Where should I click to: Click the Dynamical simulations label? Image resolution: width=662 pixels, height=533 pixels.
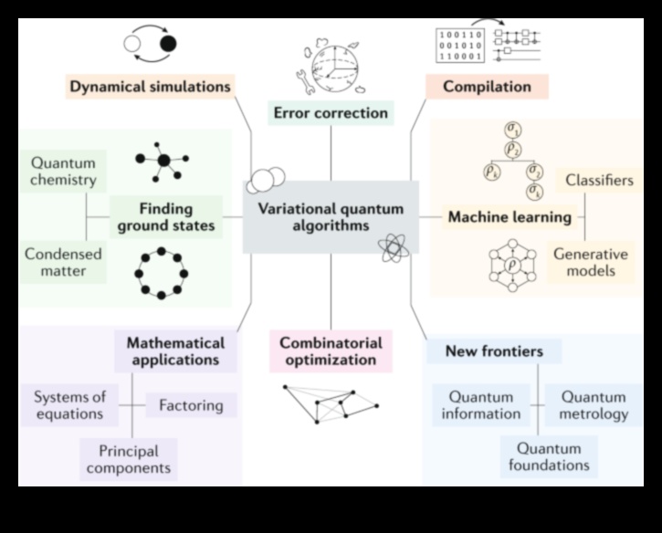(x=150, y=88)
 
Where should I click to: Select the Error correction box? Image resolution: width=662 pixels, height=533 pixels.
(x=331, y=113)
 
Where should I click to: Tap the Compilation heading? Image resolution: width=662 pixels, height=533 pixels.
(x=487, y=88)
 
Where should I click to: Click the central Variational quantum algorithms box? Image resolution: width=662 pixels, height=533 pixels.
(x=331, y=216)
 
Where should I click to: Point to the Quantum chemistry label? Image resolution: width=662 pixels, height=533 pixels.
(x=63, y=172)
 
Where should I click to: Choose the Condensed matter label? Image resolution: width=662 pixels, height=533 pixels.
(x=63, y=262)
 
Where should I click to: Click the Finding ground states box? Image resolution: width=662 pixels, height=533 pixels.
(x=166, y=216)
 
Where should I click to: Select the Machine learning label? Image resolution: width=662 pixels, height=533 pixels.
(x=510, y=217)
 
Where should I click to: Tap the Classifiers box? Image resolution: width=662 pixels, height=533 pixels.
(x=599, y=180)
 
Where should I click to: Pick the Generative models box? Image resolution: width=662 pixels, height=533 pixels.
(x=591, y=263)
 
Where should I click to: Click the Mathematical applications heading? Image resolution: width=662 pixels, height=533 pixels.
(x=175, y=351)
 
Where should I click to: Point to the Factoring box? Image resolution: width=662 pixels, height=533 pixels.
(x=192, y=404)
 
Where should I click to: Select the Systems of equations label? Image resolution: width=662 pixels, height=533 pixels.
(x=70, y=405)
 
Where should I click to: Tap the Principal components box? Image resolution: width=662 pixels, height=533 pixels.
(x=128, y=459)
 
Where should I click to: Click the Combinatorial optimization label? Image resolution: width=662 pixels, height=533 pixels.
(x=331, y=351)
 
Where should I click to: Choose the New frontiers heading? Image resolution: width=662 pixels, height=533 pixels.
(x=494, y=351)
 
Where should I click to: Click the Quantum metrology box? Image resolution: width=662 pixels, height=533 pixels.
(x=594, y=405)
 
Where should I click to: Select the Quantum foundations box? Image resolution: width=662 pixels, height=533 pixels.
(x=549, y=456)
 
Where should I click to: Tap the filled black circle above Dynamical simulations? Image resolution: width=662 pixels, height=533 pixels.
(x=167, y=43)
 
